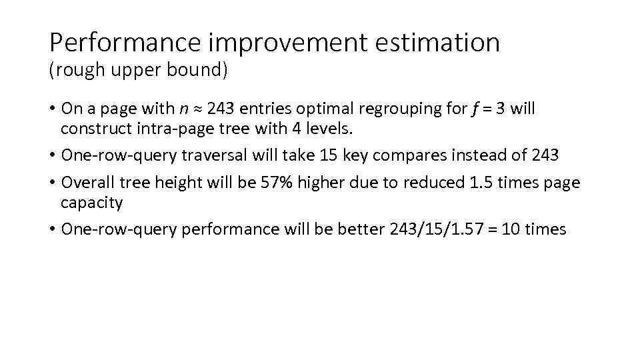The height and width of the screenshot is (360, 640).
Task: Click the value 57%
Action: [x=279, y=183]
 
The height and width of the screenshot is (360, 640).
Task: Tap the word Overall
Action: [x=87, y=183]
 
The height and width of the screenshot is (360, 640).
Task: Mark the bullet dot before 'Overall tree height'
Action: [x=52, y=183]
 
